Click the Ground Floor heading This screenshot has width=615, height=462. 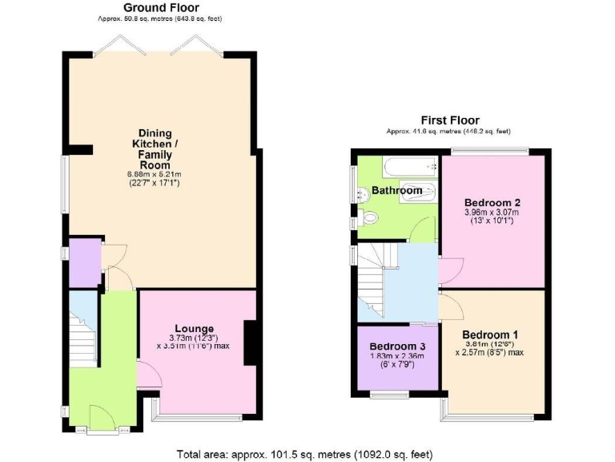tap(150, 7)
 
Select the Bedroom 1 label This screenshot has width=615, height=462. tap(490, 334)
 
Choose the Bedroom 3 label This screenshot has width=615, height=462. tap(398, 346)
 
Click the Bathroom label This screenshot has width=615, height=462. tap(396, 191)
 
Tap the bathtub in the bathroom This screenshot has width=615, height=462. tap(410, 168)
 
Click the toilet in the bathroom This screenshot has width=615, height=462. tap(372, 217)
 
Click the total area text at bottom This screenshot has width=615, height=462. tap(304, 454)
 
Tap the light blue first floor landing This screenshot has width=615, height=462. tap(411, 281)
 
